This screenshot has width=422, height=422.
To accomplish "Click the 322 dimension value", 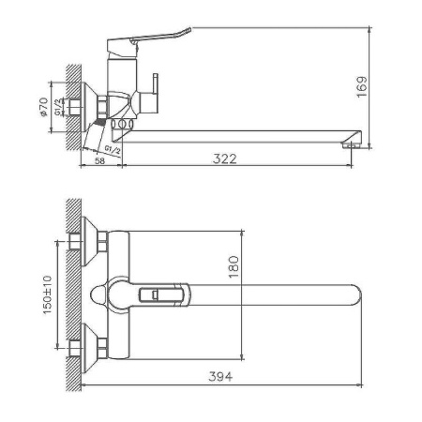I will click(224, 159).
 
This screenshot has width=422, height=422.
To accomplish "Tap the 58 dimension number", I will click(99, 159).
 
